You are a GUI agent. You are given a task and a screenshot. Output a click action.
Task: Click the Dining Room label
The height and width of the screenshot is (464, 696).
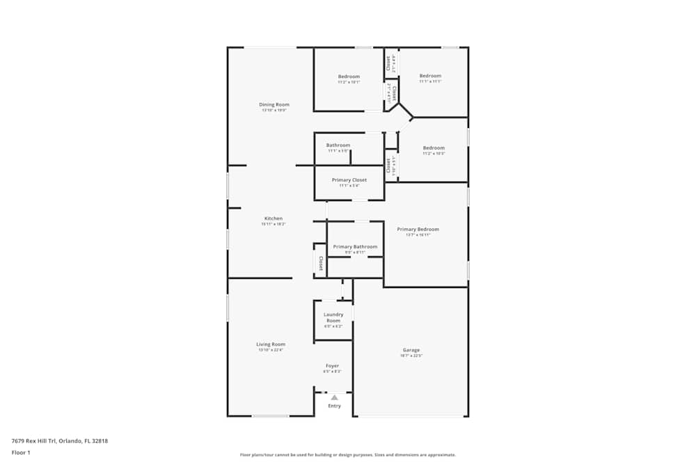pyautogui.click(x=274, y=104)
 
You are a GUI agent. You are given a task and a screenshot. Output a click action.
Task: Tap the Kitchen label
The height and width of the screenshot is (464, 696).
pyautogui.click(x=273, y=218)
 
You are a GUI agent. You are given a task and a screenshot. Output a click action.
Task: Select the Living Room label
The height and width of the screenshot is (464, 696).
pyautogui.click(x=271, y=344)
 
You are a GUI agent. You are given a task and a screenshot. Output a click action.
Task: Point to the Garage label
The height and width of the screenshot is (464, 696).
pyautogui.click(x=411, y=350)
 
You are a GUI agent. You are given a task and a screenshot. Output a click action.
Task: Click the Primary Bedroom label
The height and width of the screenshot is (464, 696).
pyautogui.click(x=418, y=229)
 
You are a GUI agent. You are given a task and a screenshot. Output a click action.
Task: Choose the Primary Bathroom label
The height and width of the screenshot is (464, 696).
pyautogui.click(x=355, y=246)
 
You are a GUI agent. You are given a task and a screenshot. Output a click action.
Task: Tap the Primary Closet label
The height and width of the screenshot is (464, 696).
pyautogui.click(x=349, y=179)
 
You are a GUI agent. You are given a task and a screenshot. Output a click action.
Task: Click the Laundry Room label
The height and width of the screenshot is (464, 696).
pyautogui.click(x=333, y=317)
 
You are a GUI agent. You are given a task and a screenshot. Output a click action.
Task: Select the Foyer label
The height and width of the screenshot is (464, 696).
pyautogui.click(x=333, y=365)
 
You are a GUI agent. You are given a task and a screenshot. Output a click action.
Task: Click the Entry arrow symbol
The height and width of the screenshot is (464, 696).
pyautogui.click(x=334, y=397)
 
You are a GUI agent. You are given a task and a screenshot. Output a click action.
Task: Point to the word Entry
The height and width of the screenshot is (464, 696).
pyautogui.click(x=335, y=406)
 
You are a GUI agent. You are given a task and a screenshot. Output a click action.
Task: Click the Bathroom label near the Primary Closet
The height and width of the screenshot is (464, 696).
pyautogui.click(x=338, y=145)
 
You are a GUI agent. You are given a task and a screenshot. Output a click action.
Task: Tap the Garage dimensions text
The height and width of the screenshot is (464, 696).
pyautogui.click(x=411, y=355)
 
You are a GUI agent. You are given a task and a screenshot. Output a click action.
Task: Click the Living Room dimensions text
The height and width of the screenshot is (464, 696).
pyautogui.click(x=271, y=350)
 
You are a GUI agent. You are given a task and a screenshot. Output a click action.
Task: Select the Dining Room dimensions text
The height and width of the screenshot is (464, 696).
pyautogui.click(x=274, y=110)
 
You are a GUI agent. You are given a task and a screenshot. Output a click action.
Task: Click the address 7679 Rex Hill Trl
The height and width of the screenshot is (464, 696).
pyautogui.click(x=60, y=440)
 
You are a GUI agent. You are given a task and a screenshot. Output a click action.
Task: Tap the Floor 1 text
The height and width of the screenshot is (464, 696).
pyautogui.click(x=21, y=452)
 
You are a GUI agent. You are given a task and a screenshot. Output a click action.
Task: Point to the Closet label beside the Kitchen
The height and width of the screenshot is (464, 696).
pyautogui.click(x=321, y=263)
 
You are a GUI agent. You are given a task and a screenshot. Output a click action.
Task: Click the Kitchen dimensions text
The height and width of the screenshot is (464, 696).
pyautogui.click(x=273, y=224)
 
